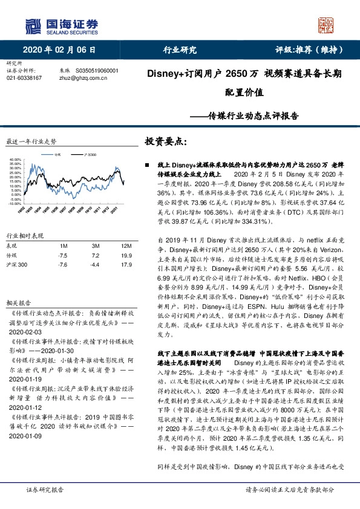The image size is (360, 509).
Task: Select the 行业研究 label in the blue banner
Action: click(180, 50)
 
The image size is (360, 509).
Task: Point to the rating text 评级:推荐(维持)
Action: click(306, 50)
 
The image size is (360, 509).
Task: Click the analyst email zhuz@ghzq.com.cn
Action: click(82, 78)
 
